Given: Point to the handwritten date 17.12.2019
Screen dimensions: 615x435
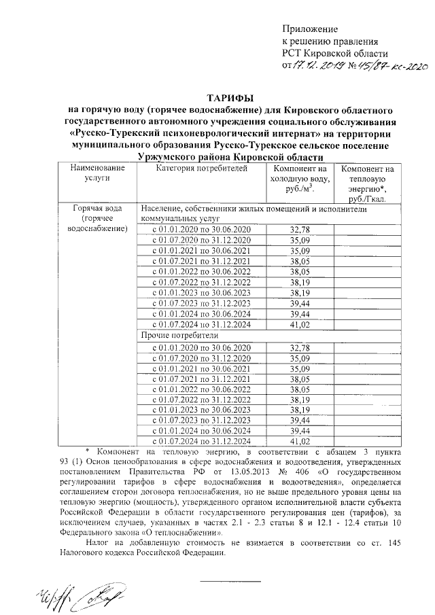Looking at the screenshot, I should click(x=314, y=66).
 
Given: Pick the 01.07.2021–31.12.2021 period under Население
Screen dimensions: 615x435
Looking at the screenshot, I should click(x=201, y=262).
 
